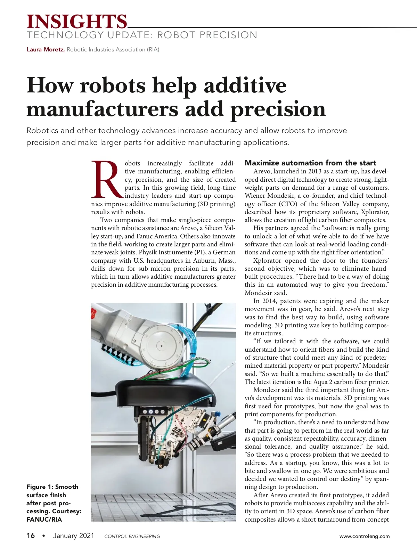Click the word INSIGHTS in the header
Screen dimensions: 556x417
[77, 22]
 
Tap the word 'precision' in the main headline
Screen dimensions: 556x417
[278, 109]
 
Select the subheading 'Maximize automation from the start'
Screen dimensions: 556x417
[310, 163]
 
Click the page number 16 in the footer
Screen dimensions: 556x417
[31, 535]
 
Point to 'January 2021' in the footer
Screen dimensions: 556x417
[74, 535]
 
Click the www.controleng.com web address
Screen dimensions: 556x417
[365, 536]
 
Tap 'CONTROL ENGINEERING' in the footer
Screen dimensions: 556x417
[132, 536]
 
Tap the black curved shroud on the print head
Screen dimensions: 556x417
[163, 391]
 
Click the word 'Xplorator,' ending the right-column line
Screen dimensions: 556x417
[375, 212]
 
